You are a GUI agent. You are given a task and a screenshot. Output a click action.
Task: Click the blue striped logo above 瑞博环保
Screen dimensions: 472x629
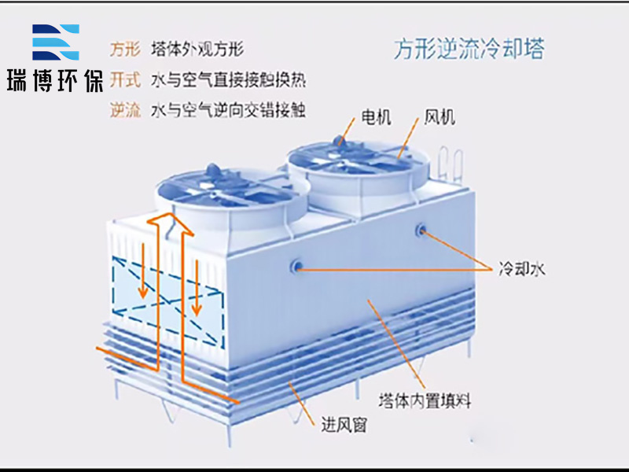(55, 43)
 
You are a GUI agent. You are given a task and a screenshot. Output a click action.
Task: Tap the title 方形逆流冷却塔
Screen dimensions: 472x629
(469, 50)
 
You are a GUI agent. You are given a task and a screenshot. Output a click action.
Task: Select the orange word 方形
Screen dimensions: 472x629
(124, 49)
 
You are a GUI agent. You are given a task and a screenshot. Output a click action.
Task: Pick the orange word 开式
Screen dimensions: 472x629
(124, 79)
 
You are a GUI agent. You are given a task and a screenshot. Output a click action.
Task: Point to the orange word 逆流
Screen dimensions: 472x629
(124, 110)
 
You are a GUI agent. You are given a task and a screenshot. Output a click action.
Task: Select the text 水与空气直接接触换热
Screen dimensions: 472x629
(227, 79)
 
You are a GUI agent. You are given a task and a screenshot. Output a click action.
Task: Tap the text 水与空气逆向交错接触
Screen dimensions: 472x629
(227, 110)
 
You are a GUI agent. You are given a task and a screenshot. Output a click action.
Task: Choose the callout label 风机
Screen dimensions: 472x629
(440, 117)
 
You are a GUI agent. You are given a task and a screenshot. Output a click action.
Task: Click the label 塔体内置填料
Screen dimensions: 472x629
(425, 400)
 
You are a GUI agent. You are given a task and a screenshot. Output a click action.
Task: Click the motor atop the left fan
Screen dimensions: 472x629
(213, 169)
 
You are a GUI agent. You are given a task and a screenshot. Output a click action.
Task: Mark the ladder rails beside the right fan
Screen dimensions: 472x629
(447, 164)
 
